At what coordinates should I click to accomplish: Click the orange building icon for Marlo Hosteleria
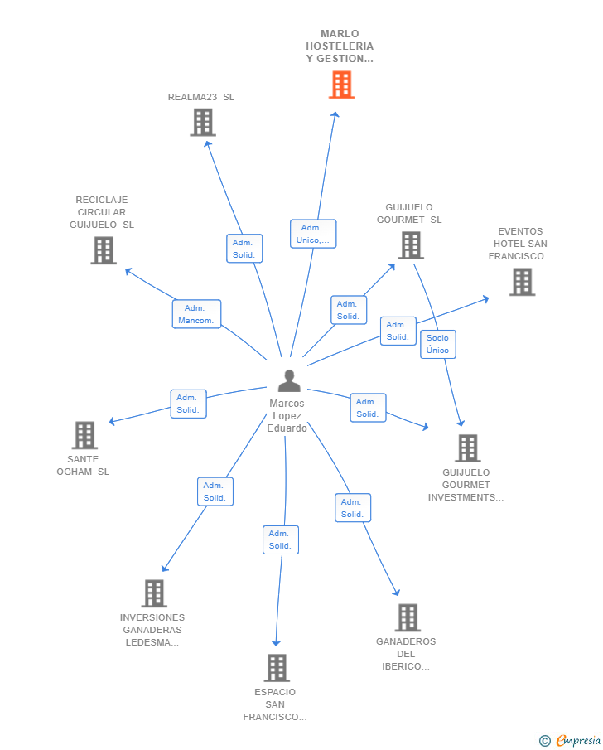coord(341,85)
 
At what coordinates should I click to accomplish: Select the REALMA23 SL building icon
coord(202,123)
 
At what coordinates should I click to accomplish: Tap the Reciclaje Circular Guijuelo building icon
coord(104,250)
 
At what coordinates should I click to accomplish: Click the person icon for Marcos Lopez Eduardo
coord(289,380)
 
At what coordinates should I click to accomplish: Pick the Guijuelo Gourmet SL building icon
coord(411,245)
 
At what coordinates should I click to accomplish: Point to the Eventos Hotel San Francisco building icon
coord(522,282)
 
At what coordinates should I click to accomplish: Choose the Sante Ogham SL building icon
coord(84,435)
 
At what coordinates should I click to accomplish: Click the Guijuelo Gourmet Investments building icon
coord(467,448)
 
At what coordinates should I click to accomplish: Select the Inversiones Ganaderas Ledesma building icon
coord(154,593)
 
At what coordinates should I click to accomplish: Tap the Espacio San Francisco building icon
coord(277,668)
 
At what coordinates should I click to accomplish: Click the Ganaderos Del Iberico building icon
coord(408,617)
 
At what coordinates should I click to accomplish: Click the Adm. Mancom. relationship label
coord(196,314)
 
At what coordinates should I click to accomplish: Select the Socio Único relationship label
coord(437,344)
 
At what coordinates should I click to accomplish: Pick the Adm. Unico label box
coord(312,234)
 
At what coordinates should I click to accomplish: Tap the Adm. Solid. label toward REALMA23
coord(244,249)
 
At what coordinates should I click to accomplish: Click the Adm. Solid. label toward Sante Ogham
coord(188,404)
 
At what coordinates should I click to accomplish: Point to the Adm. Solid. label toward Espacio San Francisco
coord(280,540)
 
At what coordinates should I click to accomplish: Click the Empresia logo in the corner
coord(571,740)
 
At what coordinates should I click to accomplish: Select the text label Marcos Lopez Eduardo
coord(287,416)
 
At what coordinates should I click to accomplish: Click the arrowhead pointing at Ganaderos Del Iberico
coord(397,593)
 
